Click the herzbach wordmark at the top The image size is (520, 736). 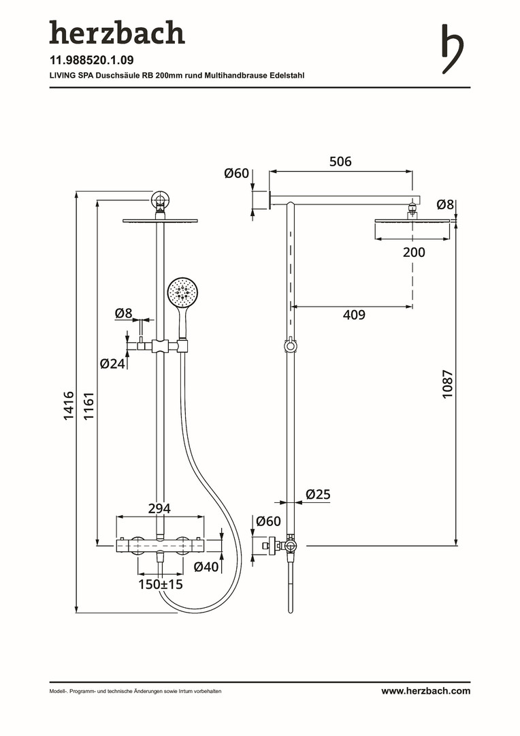[116, 33]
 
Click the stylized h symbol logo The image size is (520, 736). [451, 48]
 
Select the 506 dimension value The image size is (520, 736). [340, 162]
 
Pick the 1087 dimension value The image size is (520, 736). [447, 384]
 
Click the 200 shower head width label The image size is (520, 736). [413, 252]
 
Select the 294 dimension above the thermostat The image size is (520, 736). [159, 508]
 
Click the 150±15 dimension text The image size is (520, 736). [161, 584]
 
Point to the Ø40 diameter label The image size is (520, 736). [206, 566]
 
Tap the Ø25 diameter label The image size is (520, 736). [317, 495]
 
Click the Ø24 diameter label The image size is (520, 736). [112, 363]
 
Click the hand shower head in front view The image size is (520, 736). [182, 292]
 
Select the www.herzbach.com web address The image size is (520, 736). [425, 691]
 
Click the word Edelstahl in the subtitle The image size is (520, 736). [287, 75]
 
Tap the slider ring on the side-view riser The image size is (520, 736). [291, 346]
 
